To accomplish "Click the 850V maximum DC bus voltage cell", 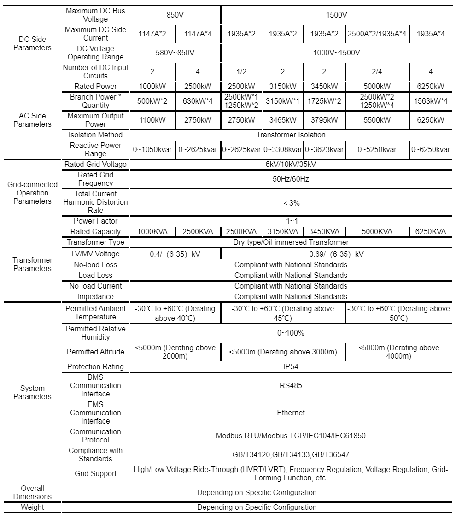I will click(175, 15).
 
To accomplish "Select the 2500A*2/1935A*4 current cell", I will click(377, 34).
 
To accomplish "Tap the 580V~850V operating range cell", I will click(175, 53).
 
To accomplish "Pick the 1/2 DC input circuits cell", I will click(241, 71).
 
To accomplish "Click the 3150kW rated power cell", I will click(282, 87).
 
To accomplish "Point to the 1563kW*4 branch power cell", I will click(430, 101).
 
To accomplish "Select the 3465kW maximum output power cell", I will click(282, 120).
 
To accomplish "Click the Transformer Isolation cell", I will click(291, 135).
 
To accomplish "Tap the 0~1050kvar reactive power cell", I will click(152, 149).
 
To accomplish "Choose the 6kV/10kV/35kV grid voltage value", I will click(291, 164).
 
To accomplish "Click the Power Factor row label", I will click(95, 221).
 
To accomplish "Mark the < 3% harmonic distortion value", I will click(291, 202).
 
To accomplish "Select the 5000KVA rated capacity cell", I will click(377, 232).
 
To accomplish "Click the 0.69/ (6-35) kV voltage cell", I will click(336, 254).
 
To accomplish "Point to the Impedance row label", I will click(95, 297).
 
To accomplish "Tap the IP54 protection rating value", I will click(291, 367).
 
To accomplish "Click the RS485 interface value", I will click(291, 385).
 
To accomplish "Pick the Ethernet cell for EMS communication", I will click(291, 413).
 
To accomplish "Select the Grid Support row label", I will click(95, 473).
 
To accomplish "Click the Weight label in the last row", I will click(32, 507).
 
